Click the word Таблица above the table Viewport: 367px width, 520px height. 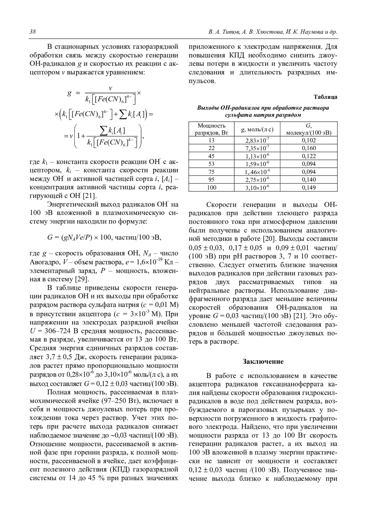tap(325, 97)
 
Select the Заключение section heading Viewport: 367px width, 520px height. tap(263, 361)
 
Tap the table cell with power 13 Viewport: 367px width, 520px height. tap(211, 140)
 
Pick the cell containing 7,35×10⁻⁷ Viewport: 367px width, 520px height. tap(257, 148)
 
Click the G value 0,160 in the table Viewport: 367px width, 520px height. tap(309, 148)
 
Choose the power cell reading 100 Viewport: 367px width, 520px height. tap(211, 187)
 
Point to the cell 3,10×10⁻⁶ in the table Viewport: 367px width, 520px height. tap(257, 188)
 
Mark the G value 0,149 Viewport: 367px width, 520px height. tap(309, 187)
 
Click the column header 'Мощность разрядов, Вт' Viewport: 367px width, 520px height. tap(211, 129)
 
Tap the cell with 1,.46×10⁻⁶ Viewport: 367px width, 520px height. tap(257, 172)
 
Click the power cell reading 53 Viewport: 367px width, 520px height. tap(211, 164)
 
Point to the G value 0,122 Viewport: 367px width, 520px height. tap(309, 156)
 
